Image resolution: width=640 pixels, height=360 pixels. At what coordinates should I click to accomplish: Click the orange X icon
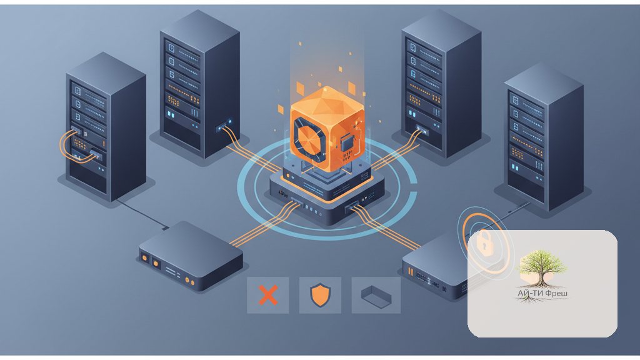pos(268,295)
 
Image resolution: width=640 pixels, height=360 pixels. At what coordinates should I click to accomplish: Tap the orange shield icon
pos(320,295)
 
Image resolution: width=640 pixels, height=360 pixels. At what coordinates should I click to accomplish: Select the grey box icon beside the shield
pos(376,296)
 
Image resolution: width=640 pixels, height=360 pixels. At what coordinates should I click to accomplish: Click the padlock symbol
pos(484,242)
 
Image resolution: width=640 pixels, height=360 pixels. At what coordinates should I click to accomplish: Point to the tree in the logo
pos(542,267)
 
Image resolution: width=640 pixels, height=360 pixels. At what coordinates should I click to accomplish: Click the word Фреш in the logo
pos(556,293)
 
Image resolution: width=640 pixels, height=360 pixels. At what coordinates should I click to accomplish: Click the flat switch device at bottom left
pos(191,256)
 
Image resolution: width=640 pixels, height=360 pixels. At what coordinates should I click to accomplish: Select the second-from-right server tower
pos(441,84)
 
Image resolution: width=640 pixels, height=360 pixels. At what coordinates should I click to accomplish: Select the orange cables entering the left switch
pos(265,224)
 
